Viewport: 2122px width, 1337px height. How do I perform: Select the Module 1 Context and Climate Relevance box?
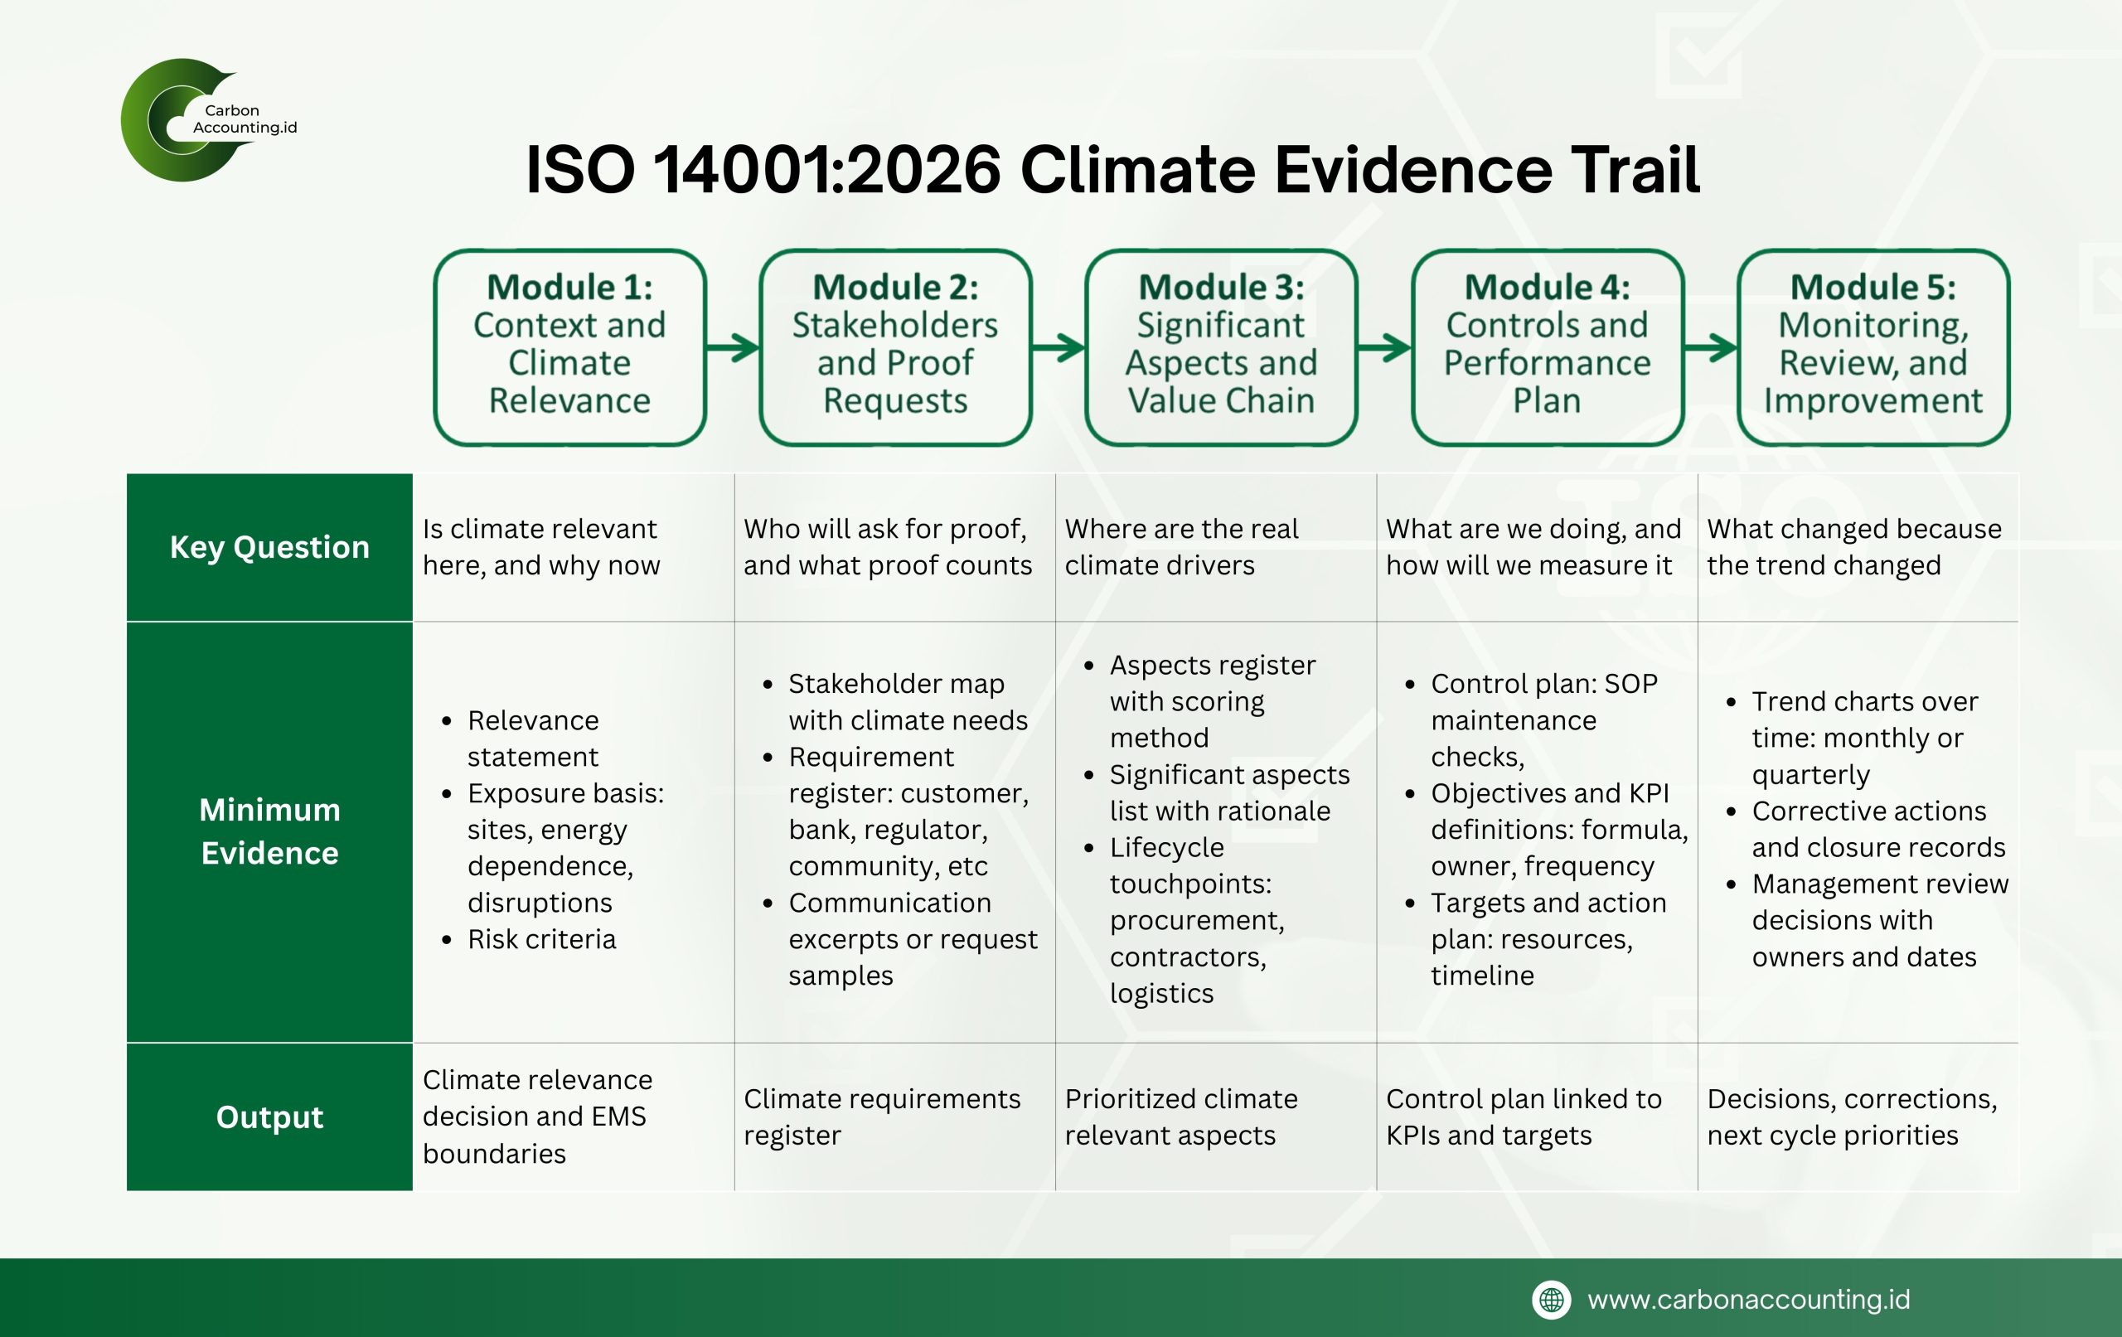(x=570, y=347)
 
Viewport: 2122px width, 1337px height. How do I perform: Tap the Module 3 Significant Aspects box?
(x=1221, y=347)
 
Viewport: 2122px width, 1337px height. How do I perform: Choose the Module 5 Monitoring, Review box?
(x=1873, y=347)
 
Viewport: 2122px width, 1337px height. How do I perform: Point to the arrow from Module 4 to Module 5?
(x=1711, y=347)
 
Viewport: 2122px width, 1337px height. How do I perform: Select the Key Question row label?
(x=269, y=547)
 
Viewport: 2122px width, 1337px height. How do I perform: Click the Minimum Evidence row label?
(x=269, y=831)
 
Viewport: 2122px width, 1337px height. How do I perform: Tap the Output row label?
(x=269, y=1117)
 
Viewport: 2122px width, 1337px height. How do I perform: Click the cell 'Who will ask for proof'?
(x=888, y=547)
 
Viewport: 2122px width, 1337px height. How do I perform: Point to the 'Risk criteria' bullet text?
(x=541, y=939)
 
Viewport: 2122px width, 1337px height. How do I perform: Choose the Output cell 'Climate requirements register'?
(x=882, y=1117)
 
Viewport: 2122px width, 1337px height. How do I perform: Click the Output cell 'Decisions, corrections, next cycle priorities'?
(x=1853, y=1117)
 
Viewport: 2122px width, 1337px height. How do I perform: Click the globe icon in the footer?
(x=1552, y=1300)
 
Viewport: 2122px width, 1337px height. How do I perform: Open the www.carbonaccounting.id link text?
(x=1748, y=1300)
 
